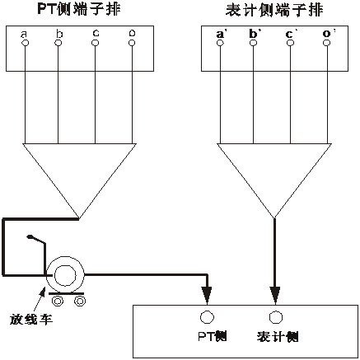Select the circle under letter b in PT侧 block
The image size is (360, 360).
[x=58, y=44]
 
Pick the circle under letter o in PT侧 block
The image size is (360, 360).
[x=133, y=44]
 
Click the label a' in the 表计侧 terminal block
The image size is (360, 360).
[x=221, y=34]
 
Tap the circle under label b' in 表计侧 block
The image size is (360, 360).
[x=255, y=44]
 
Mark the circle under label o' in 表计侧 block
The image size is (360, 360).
[x=327, y=44]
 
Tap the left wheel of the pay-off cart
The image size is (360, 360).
[x=57, y=301]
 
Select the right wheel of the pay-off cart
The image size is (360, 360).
[x=79, y=301]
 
